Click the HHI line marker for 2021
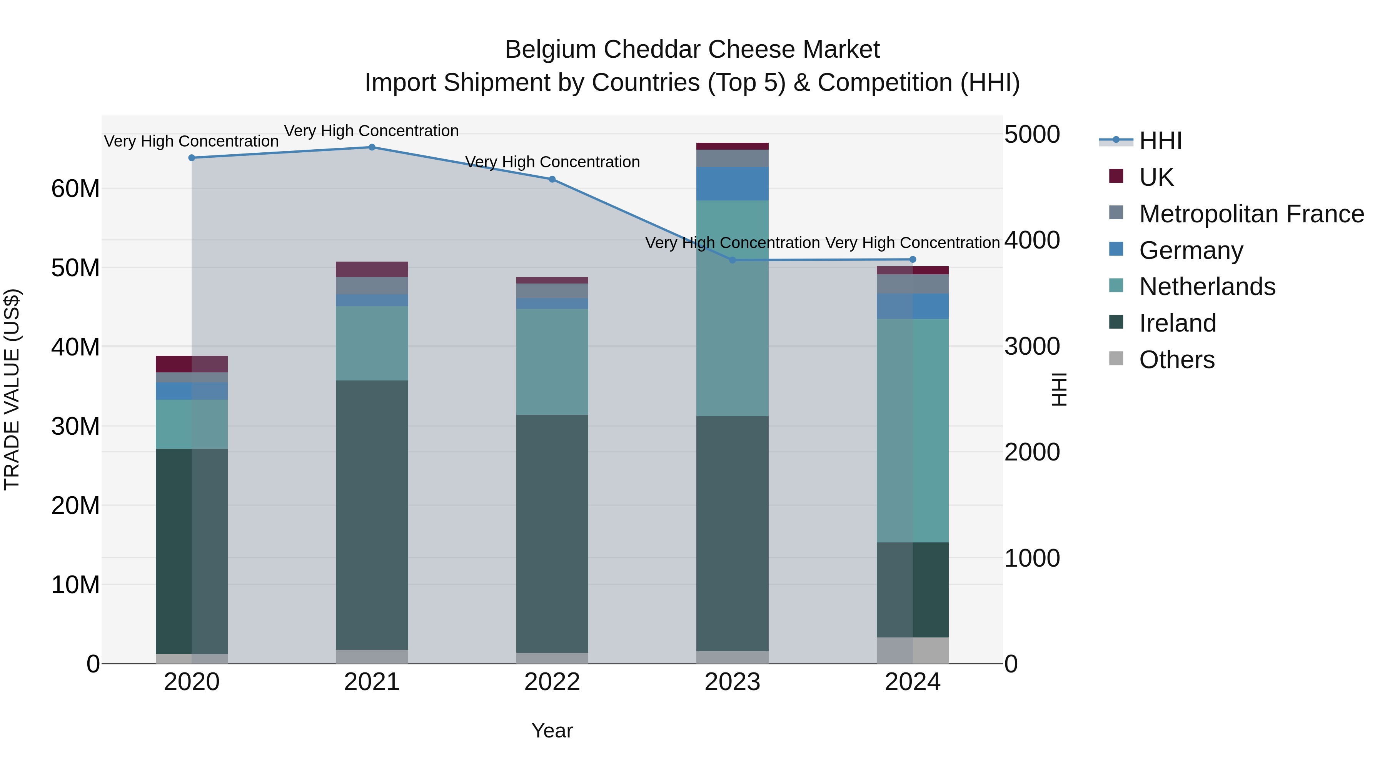[x=372, y=147]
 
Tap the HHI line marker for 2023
[x=732, y=260]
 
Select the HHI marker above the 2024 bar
[x=913, y=260]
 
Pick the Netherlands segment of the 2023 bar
[x=732, y=308]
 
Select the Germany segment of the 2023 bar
[x=732, y=183]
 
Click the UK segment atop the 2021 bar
[x=372, y=269]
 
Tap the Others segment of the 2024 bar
[x=913, y=650]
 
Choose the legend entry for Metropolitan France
[x=1251, y=214]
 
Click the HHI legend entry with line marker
[x=1160, y=141]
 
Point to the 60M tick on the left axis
[x=75, y=189]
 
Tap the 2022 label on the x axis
[x=552, y=682]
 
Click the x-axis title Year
[x=552, y=731]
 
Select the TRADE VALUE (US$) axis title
[x=12, y=389]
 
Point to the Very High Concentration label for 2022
[x=552, y=162]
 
